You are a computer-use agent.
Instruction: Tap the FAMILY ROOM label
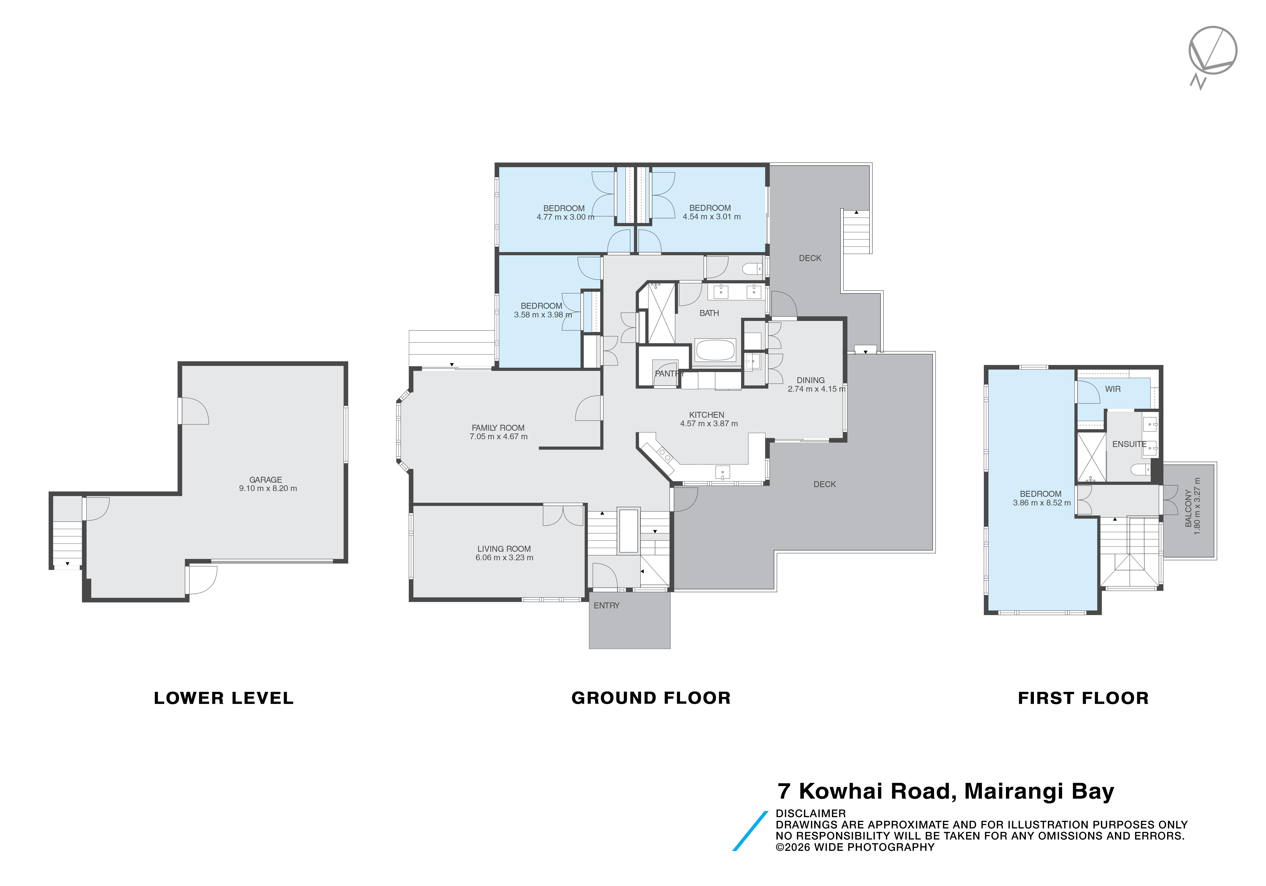point(498,428)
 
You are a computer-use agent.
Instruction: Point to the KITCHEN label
point(706,415)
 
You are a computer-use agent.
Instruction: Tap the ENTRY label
point(607,605)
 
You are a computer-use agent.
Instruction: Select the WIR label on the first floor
point(1113,389)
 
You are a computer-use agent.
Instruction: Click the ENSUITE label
point(1129,444)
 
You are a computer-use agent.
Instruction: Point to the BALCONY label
point(1188,508)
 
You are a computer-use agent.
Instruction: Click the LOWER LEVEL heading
point(224,698)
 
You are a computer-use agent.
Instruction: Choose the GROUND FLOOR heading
point(651,698)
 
